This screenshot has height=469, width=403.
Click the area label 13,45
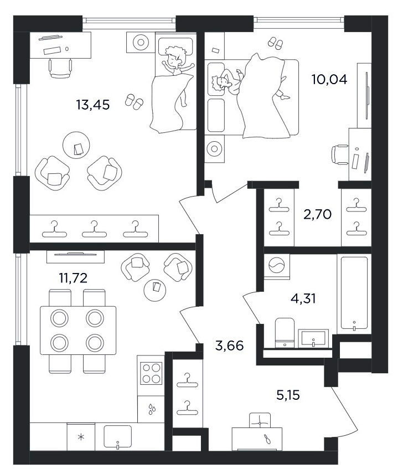pyautogui.click(x=92, y=105)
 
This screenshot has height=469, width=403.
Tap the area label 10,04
pyautogui.click(x=329, y=80)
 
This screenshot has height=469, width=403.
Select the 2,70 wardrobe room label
pyautogui.click(x=318, y=214)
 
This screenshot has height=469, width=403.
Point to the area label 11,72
pyautogui.click(x=73, y=278)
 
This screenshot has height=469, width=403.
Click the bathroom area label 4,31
pyautogui.click(x=303, y=298)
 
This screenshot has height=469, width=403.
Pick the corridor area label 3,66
pyautogui.click(x=230, y=346)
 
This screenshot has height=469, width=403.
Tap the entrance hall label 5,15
pyautogui.click(x=288, y=395)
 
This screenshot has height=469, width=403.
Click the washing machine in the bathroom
pyautogui.click(x=277, y=266)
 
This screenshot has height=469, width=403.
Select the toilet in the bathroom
pyautogui.click(x=285, y=333)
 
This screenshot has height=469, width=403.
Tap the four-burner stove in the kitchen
pyautogui.click(x=151, y=373)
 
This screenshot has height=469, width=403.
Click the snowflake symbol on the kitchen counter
pyautogui.click(x=81, y=437)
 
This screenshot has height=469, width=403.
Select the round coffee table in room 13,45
pyautogui.click(x=76, y=145)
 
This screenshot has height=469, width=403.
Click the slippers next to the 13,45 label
pyautogui.click(x=134, y=102)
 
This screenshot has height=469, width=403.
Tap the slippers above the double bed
pyautogui.click(x=275, y=43)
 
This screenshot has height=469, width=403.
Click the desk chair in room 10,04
pyautogui.click(x=340, y=154)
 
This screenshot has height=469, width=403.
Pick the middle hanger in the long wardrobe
pyautogui.click(x=94, y=229)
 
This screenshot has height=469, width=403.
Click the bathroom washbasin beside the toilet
pyautogui.click(x=313, y=338)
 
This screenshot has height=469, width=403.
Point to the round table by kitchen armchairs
pyautogui.click(x=154, y=290)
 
